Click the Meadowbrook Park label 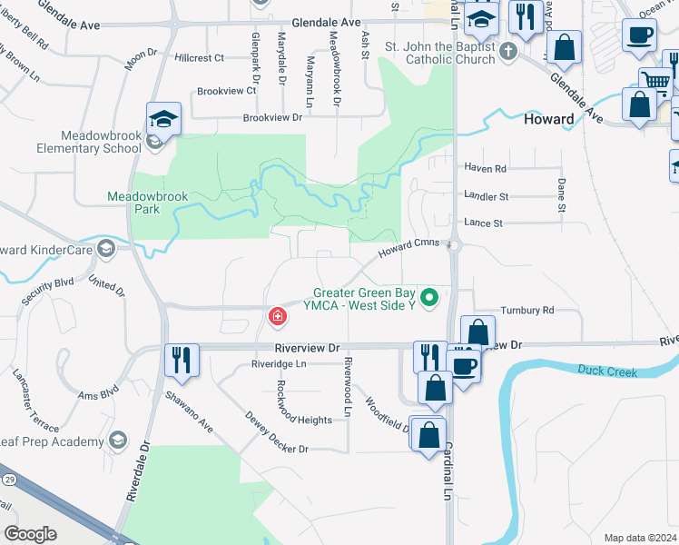click(133, 202)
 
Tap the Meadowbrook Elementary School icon click(163, 120)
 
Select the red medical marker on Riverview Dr click(277, 317)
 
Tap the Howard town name click(548, 119)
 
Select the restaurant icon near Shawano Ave click(182, 359)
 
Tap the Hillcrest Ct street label click(200, 58)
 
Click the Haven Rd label click(485, 169)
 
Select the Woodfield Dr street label click(389, 412)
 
